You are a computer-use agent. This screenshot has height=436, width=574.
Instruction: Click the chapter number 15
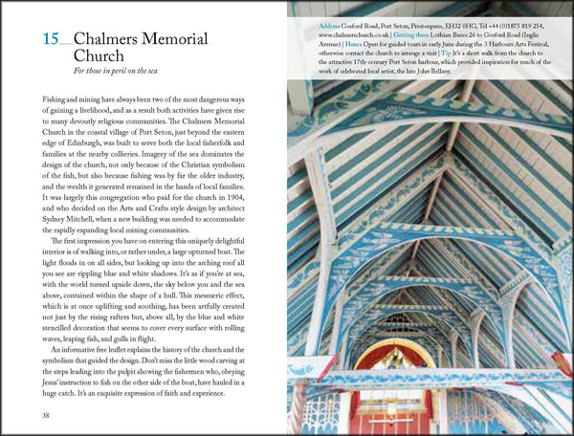pyautogui.click(x=55, y=39)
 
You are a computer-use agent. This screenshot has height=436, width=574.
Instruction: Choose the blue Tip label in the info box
pyautogui.click(x=444, y=54)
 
